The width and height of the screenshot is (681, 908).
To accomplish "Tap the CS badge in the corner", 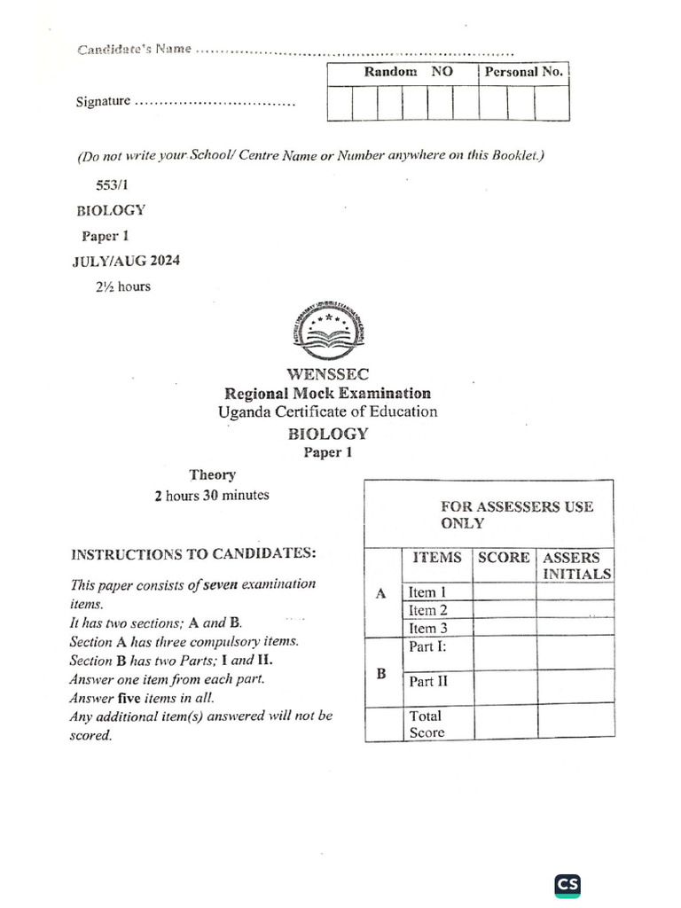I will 567,885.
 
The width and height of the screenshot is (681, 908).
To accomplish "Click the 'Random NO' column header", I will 403,73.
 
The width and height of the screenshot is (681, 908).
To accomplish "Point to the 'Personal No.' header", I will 523,73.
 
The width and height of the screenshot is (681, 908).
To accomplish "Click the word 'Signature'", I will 104,102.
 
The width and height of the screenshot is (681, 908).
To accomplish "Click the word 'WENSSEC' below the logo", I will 328,374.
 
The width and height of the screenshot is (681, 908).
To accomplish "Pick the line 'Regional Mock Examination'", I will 328,393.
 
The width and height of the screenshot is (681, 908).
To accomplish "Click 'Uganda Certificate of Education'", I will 328,412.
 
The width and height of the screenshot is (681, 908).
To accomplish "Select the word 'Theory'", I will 212,475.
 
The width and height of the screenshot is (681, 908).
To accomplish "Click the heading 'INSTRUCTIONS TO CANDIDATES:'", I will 192,554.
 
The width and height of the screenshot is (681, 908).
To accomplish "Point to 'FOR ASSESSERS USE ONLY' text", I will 516,514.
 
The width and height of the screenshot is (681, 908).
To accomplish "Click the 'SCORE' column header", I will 504,558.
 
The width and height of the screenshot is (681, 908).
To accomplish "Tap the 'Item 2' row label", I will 427,610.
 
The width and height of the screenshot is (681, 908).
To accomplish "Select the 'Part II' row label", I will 427,681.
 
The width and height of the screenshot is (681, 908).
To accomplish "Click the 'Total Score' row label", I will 426,724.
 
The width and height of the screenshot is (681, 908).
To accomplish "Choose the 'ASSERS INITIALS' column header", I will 576,566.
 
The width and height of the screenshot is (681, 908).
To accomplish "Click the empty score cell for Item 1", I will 504,592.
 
